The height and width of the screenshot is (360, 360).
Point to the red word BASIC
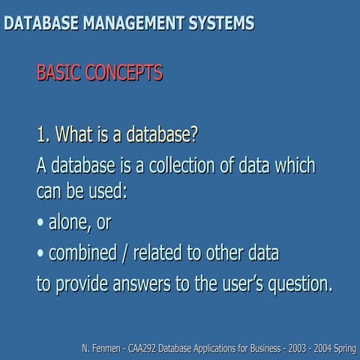coord(59,73)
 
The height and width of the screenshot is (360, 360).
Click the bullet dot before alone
coord(40,224)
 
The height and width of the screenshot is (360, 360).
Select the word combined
coord(87,254)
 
